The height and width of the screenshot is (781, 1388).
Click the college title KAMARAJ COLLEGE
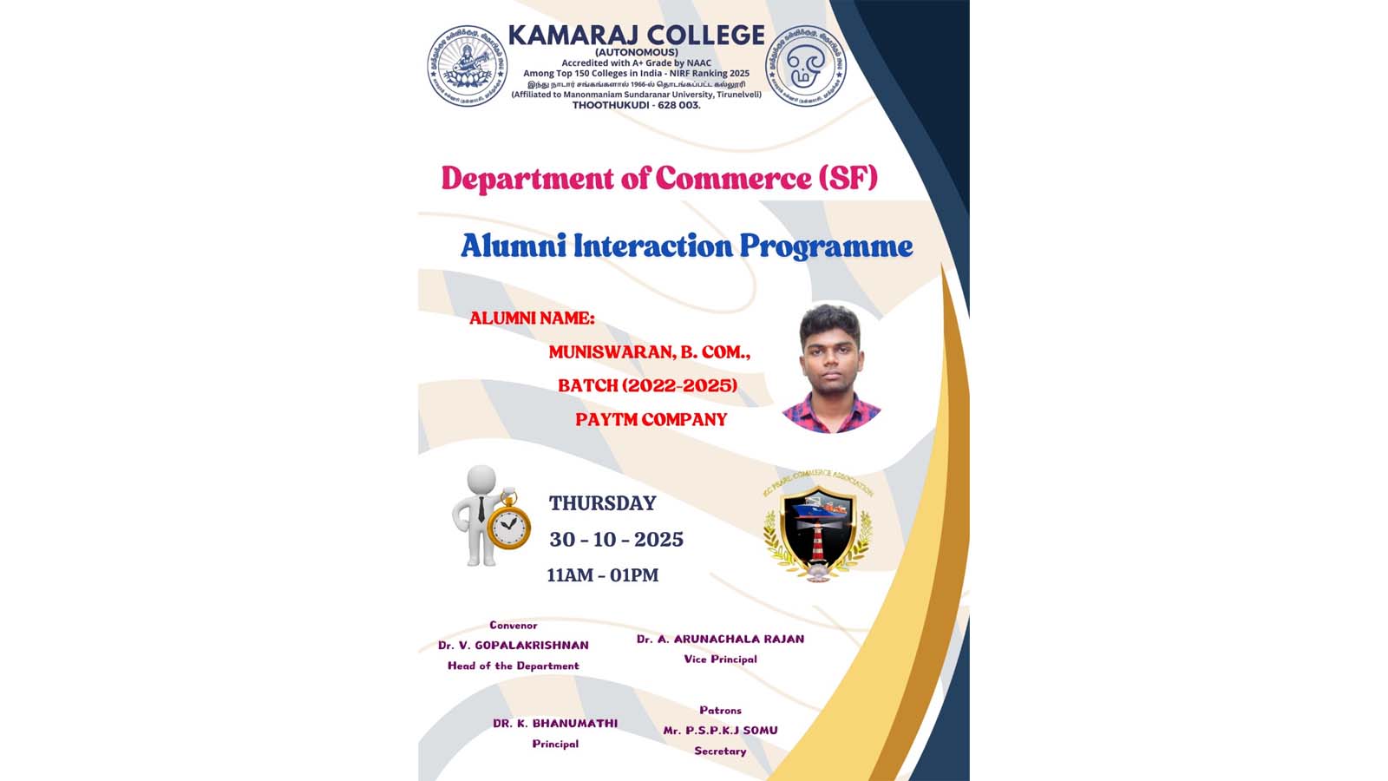[x=636, y=36]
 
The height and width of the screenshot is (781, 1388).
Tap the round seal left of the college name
[x=468, y=66]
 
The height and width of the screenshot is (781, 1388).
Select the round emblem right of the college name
[x=806, y=66]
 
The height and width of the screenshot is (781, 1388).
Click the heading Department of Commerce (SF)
[x=659, y=178]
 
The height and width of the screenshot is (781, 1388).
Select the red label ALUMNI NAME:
[x=532, y=318]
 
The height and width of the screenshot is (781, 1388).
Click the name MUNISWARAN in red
[x=607, y=352]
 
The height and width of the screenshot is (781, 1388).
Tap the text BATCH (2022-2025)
[x=647, y=385]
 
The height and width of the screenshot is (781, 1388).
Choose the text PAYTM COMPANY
[x=651, y=419]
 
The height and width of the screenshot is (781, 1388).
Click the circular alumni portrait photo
[x=831, y=367]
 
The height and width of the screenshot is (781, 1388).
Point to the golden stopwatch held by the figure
[x=508, y=523]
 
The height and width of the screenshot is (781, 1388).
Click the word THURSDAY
[x=602, y=503]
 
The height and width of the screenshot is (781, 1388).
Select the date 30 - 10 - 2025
[x=616, y=540]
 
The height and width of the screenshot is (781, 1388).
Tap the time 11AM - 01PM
[x=602, y=575]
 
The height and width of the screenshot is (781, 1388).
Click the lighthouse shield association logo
[x=817, y=531]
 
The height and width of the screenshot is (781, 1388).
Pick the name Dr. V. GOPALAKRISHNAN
[x=513, y=646]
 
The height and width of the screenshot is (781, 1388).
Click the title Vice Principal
[x=720, y=660]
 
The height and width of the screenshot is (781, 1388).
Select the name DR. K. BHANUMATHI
[x=555, y=723]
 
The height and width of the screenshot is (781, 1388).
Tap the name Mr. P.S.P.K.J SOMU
[x=720, y=731]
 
